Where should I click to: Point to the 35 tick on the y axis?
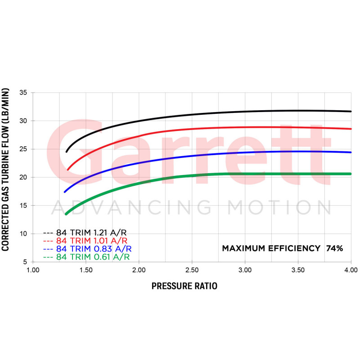coord(24,93)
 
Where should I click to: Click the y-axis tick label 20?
coord(24,177)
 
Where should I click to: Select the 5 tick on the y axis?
coord(26,262)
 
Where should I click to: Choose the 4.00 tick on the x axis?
coord(351,270)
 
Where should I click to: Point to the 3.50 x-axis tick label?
coord(297,270)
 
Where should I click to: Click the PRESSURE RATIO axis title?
coord(184,286)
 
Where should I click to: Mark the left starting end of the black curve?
coord(67,152)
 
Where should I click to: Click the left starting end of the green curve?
coord(66,214)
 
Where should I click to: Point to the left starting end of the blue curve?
coord(65,192)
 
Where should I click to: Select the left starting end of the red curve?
coord(67,170)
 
